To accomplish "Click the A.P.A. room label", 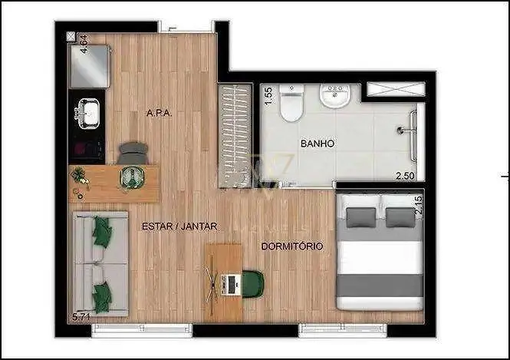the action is point(159,113).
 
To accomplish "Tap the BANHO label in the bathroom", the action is point(318,144).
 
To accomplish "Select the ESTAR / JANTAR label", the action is point(179,226).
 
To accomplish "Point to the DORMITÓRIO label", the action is point(292,246).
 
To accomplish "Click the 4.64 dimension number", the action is point(84,44).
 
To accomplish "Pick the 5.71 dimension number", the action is point(81,317).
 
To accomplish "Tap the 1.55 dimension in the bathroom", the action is point(268,97).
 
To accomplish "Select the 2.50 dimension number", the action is point(405,176).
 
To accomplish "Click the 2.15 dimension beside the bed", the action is point(419,204).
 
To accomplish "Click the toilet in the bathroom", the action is point(291,103).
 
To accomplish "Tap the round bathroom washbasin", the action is point(334,96).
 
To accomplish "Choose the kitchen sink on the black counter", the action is point(88,113).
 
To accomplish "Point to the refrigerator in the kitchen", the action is point(89,67).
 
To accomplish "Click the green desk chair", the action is point(253,284).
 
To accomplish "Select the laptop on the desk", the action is point(231,285).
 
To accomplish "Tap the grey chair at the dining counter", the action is point(133,153).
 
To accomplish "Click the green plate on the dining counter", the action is point(133,177).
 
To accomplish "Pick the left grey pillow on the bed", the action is point(361,217).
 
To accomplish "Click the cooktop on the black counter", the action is point(87,149).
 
